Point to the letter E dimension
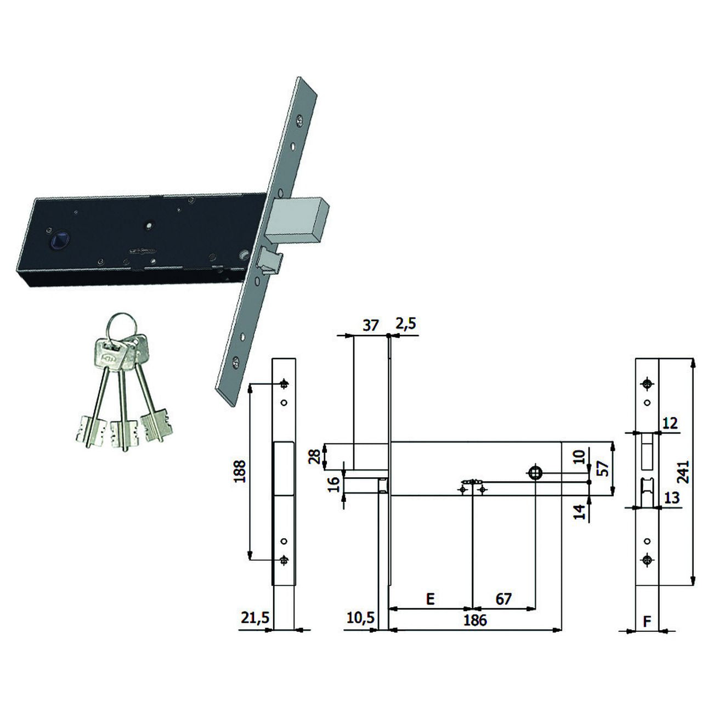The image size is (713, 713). [430, 599]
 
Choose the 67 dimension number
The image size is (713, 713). [503, 599]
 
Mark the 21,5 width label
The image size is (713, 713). [255, 618]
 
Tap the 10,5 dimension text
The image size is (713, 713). [361, 617]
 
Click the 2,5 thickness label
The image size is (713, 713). [405, 324]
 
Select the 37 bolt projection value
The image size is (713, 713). [371, 325]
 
